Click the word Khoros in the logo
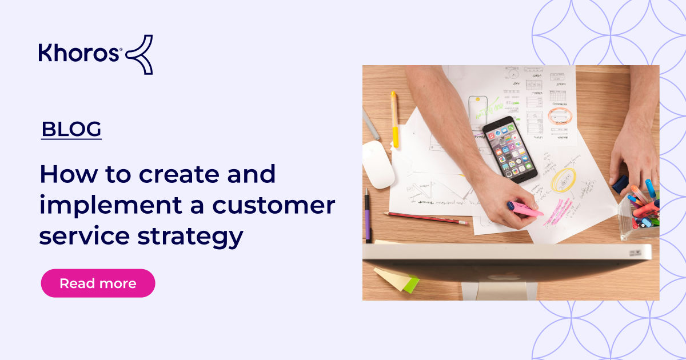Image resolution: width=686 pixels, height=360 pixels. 79,53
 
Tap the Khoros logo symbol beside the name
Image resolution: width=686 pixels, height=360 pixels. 139,54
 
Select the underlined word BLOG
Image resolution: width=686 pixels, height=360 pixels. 71,130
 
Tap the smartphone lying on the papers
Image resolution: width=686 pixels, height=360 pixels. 509,149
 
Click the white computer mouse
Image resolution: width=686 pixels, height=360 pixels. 378,164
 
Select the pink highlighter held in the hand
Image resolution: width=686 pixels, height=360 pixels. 525,210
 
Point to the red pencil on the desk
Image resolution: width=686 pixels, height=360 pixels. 426,218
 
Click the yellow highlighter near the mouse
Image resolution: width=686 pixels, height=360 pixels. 394,119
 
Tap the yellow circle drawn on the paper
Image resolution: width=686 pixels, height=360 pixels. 564,180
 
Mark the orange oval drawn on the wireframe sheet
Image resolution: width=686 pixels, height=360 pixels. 560,116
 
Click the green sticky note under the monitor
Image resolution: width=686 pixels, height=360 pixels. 410,283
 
